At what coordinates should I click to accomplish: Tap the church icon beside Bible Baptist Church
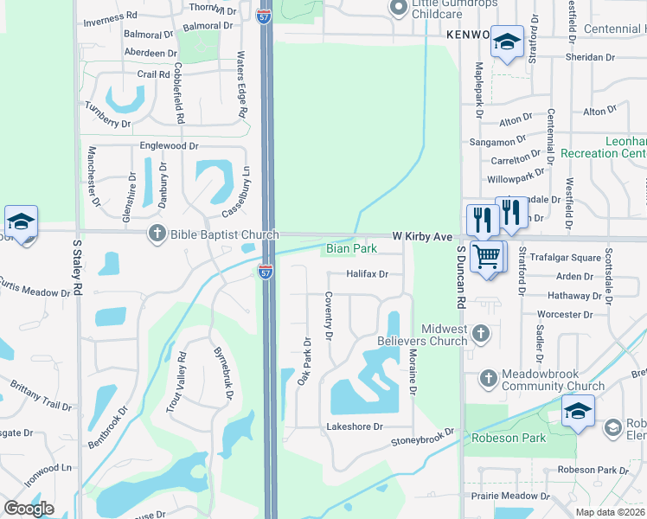(x=157, y=233)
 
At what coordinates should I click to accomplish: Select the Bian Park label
(x=351, y=249)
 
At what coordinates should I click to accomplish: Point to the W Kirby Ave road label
(x=423, y=236)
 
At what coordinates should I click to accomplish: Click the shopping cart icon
(x=487, y=256)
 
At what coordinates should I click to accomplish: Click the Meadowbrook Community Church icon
(x=488, y=378)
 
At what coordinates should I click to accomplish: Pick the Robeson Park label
(x=509, y=438)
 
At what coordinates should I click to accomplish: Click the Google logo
(x=29, y=508)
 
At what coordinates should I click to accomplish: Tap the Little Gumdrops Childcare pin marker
(x=398, y=9)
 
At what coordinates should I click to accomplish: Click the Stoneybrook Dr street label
(x=422, y=438)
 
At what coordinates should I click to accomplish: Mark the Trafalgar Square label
(x=566, y=258)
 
